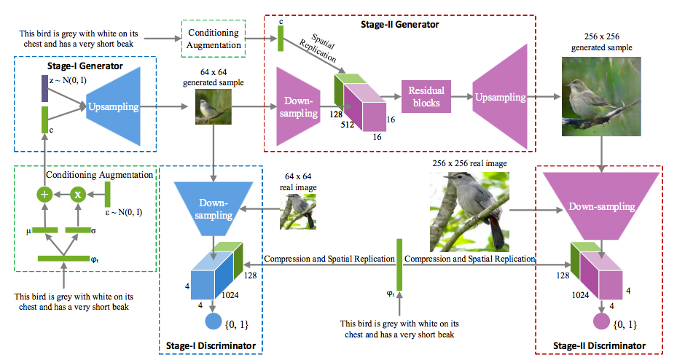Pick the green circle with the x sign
(x=78, y=195)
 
